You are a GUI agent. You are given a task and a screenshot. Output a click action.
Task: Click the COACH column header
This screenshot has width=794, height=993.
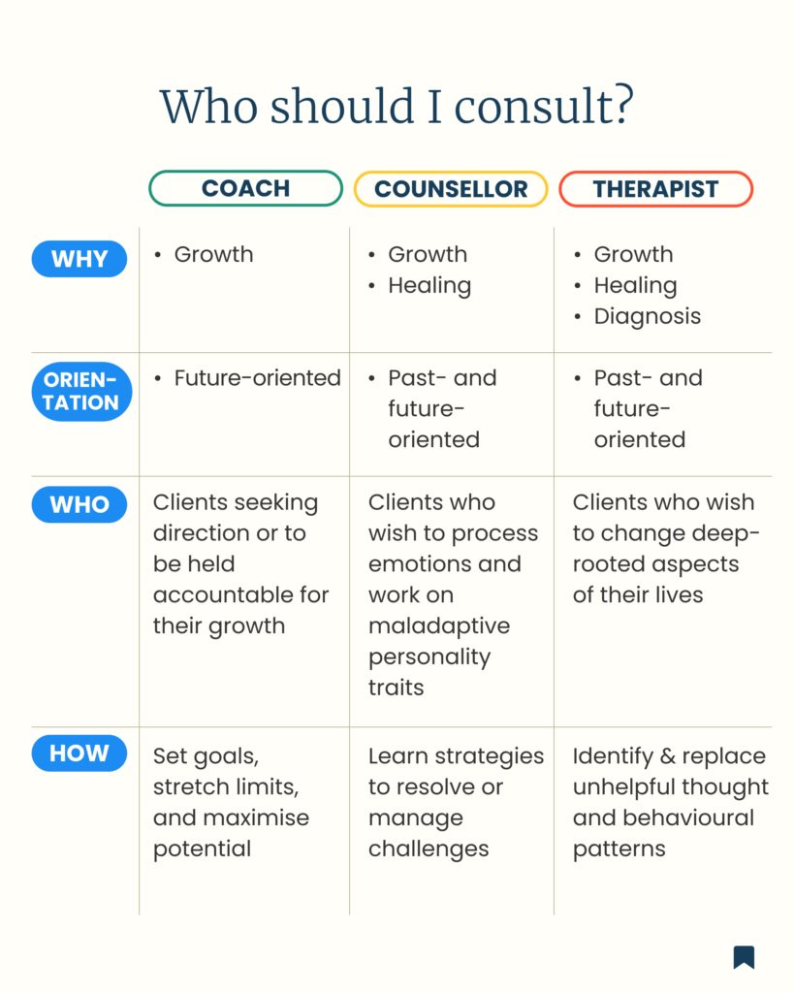tap(245, 188)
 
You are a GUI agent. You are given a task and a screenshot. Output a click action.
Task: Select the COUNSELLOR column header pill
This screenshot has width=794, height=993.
tap(451, 189)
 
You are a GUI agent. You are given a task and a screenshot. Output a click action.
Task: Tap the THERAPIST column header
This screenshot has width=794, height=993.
tap(656, 189)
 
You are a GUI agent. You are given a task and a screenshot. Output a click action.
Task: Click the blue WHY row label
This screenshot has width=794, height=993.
tap(79, 259)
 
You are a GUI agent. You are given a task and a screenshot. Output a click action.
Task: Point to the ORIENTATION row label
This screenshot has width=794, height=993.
tap(81, 392)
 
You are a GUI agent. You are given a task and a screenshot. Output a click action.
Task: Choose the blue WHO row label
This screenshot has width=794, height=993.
tap(79, 504)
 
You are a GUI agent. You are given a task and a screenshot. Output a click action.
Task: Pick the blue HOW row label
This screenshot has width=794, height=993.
tap(79, 753)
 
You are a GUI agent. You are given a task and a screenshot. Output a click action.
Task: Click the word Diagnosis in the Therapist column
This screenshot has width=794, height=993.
tap(647, 316)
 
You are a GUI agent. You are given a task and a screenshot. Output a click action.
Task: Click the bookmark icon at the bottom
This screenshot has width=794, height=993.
tap(744, 957)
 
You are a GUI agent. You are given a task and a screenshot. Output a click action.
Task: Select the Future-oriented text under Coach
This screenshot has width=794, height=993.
tap(257, 378)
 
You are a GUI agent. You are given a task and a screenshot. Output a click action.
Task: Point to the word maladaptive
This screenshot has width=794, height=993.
tap(439, 626)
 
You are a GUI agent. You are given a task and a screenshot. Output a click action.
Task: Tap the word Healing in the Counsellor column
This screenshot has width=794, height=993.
tap(429, 286)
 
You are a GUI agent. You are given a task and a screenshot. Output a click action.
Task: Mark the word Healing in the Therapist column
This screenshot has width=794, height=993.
tap(635, 286)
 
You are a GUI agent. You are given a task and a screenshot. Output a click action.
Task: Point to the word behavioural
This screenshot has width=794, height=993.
tap(688, 817)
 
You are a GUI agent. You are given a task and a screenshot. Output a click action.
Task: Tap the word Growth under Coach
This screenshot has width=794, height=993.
tap(213, 255)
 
